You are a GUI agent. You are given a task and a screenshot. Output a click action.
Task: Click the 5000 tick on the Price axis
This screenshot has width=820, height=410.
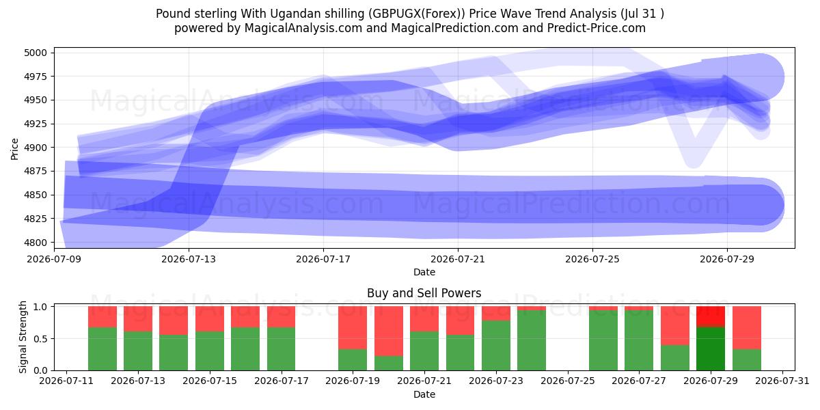point(36,53)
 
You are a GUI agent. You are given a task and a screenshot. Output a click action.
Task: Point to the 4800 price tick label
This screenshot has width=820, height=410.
point(36,243)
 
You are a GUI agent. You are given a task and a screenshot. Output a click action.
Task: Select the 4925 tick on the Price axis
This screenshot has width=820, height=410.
point(36,124)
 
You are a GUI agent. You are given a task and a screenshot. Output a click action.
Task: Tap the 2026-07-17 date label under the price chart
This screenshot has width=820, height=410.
point(323,259)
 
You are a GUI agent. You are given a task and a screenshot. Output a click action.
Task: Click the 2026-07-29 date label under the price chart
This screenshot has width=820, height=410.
point(727,259)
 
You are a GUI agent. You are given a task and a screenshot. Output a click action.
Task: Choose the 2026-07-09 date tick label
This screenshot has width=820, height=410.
point(54,259)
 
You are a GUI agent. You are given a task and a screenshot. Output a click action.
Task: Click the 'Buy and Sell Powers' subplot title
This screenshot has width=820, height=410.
point(424,293)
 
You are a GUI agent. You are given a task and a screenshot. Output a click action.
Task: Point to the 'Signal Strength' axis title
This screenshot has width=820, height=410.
point(23,337)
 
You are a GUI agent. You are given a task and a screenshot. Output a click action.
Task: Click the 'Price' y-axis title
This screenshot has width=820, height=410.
point(14,149)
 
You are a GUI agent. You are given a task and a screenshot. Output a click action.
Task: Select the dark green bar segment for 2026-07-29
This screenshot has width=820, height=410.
point(711,349)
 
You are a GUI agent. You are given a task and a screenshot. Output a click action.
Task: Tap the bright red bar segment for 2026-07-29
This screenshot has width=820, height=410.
point(711,316)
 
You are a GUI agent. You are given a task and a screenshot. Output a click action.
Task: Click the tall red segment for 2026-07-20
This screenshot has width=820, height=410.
point(389,331)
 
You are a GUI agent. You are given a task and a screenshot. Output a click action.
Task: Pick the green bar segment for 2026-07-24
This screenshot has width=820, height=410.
point(532,340)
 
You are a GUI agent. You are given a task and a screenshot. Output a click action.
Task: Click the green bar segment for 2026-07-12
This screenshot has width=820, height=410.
point(102,349)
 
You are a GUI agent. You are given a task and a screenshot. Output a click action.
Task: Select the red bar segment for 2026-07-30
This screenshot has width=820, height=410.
point(747,327)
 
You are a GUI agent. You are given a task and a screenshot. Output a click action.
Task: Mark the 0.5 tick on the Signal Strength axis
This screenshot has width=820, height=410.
point(40,339)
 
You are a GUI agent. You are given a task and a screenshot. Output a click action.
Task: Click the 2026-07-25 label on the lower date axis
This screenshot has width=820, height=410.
point(568,381)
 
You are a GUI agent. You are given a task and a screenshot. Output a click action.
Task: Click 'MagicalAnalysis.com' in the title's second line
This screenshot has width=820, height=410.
point(303,29)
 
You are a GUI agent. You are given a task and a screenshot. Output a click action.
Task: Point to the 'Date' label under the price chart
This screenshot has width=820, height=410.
point(424,272)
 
